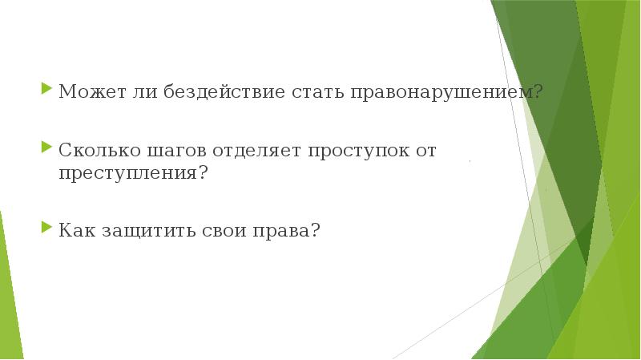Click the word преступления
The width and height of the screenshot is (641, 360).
127,172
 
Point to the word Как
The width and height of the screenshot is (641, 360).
75,230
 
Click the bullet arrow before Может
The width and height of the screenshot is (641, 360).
46,90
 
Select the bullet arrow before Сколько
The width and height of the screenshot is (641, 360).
46,148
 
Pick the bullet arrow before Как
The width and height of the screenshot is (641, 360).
46,228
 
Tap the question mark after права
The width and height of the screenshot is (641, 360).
316,230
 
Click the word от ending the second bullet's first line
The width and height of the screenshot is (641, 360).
425,151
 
